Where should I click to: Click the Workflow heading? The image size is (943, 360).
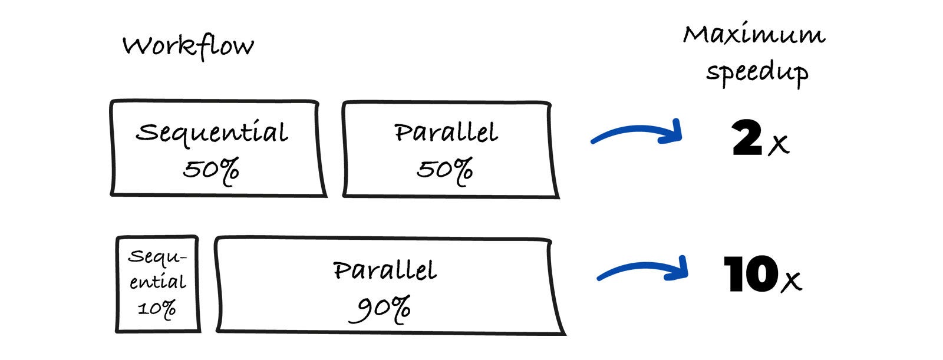pyautogui.click(x=188, y=47)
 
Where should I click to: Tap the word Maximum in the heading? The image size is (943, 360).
pyautogui.click(x=754, y=34)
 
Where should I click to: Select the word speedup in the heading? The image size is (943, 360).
pyautogui.click(x=757, y=73)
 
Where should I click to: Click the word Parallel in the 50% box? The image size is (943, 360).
pyautogui.click(x=446, y=132)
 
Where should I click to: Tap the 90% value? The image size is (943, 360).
pyautogui.click(x=380, y=309)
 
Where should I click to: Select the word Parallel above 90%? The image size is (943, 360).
pyautogui.click(x=385, y=270)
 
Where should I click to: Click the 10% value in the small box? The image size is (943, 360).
pyautogui.click(x=157, y=309)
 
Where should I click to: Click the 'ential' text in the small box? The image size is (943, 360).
pyautogui.click(x=157, y=281)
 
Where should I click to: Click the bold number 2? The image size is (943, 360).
pyautogui.click(x=747, y=137)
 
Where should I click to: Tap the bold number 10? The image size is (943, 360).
pyautogui.click(x=750, y=274)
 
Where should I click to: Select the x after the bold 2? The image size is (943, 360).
pyautogui.click(x=779, y=145)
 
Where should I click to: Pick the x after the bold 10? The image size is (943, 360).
pyautogui.click(x=792, y=282)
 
